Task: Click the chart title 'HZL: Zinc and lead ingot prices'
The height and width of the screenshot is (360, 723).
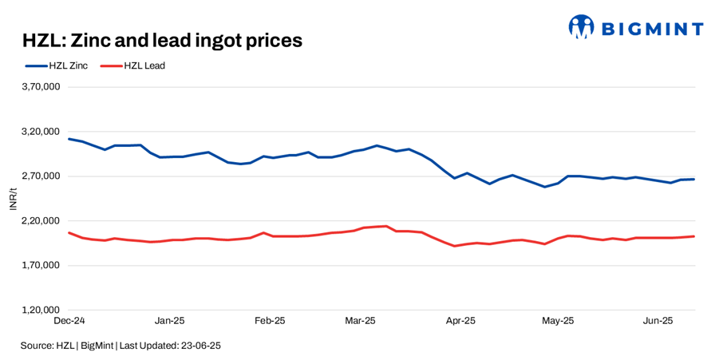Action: click(x=162, y=40)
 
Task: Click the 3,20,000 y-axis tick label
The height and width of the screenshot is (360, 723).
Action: click(x=41, y=131)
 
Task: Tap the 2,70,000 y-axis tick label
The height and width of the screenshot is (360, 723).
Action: click(x=41, y=176)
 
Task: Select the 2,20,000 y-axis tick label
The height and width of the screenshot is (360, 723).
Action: click(x=41, y=220)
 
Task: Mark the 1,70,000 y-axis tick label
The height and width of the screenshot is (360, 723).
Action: click(x=41, y=265)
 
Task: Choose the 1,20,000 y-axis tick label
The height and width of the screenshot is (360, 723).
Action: click(x=41, y=310)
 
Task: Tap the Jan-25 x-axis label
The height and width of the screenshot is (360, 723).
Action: click(x=169, y=321)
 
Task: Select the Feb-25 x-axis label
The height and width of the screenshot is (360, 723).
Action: click(x=270, y=321)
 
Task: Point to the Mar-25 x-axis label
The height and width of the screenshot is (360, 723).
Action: click(x=360, y=321)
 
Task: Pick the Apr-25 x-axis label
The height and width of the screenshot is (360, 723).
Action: click(x=460, y=321)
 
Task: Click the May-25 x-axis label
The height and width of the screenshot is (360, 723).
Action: click(x=558, y=321)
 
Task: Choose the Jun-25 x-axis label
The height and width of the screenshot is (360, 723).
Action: click(x=658, y=321)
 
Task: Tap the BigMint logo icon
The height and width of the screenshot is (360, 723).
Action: click(x=581, y=27)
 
